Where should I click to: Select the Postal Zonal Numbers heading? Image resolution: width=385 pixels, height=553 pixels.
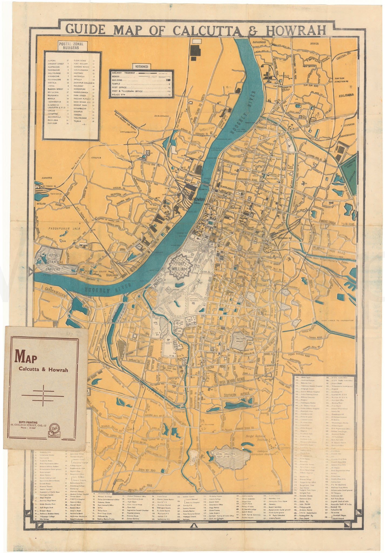(x=71, y=45)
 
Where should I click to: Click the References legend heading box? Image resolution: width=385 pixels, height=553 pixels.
(x=142, y=66)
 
